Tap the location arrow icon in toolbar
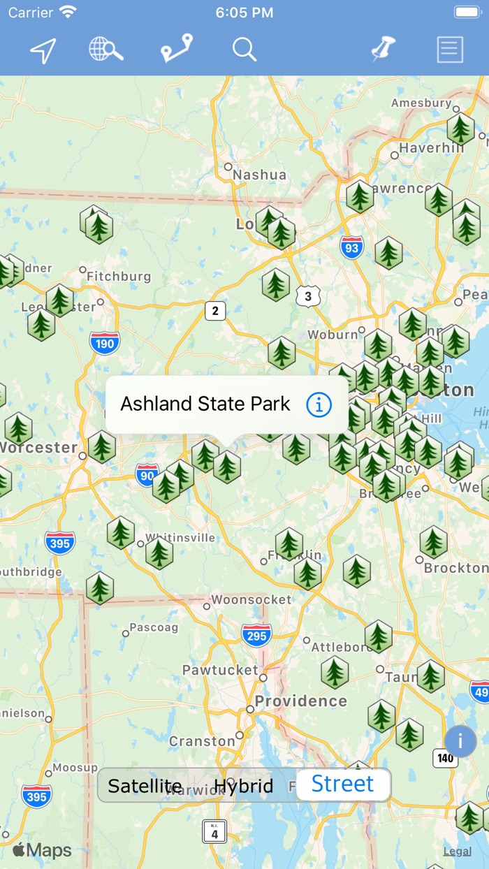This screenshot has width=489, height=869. point(43,50)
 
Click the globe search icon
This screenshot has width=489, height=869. point(106,50)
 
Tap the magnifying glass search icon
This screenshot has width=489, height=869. point(245,50)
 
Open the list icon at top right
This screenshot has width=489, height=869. point(450,50)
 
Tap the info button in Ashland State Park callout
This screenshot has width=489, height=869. point(319,404)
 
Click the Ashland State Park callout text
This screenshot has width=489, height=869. point(205,404)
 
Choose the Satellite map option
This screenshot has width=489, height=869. point(145,786)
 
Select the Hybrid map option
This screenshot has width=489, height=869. point(243,786)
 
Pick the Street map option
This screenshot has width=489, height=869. point(343,784)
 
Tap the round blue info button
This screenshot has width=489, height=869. point(460,741)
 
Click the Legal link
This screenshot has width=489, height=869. point(457,851)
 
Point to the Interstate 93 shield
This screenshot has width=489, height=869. point(351,247)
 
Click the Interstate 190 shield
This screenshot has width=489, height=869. point(105,342)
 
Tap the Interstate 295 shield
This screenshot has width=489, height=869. point(256,635)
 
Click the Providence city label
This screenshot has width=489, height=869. point(300,701)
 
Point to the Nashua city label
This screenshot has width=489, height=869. point(259,175)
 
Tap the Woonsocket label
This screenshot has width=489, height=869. point(251,599)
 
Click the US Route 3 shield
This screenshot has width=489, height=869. point(308,296)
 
